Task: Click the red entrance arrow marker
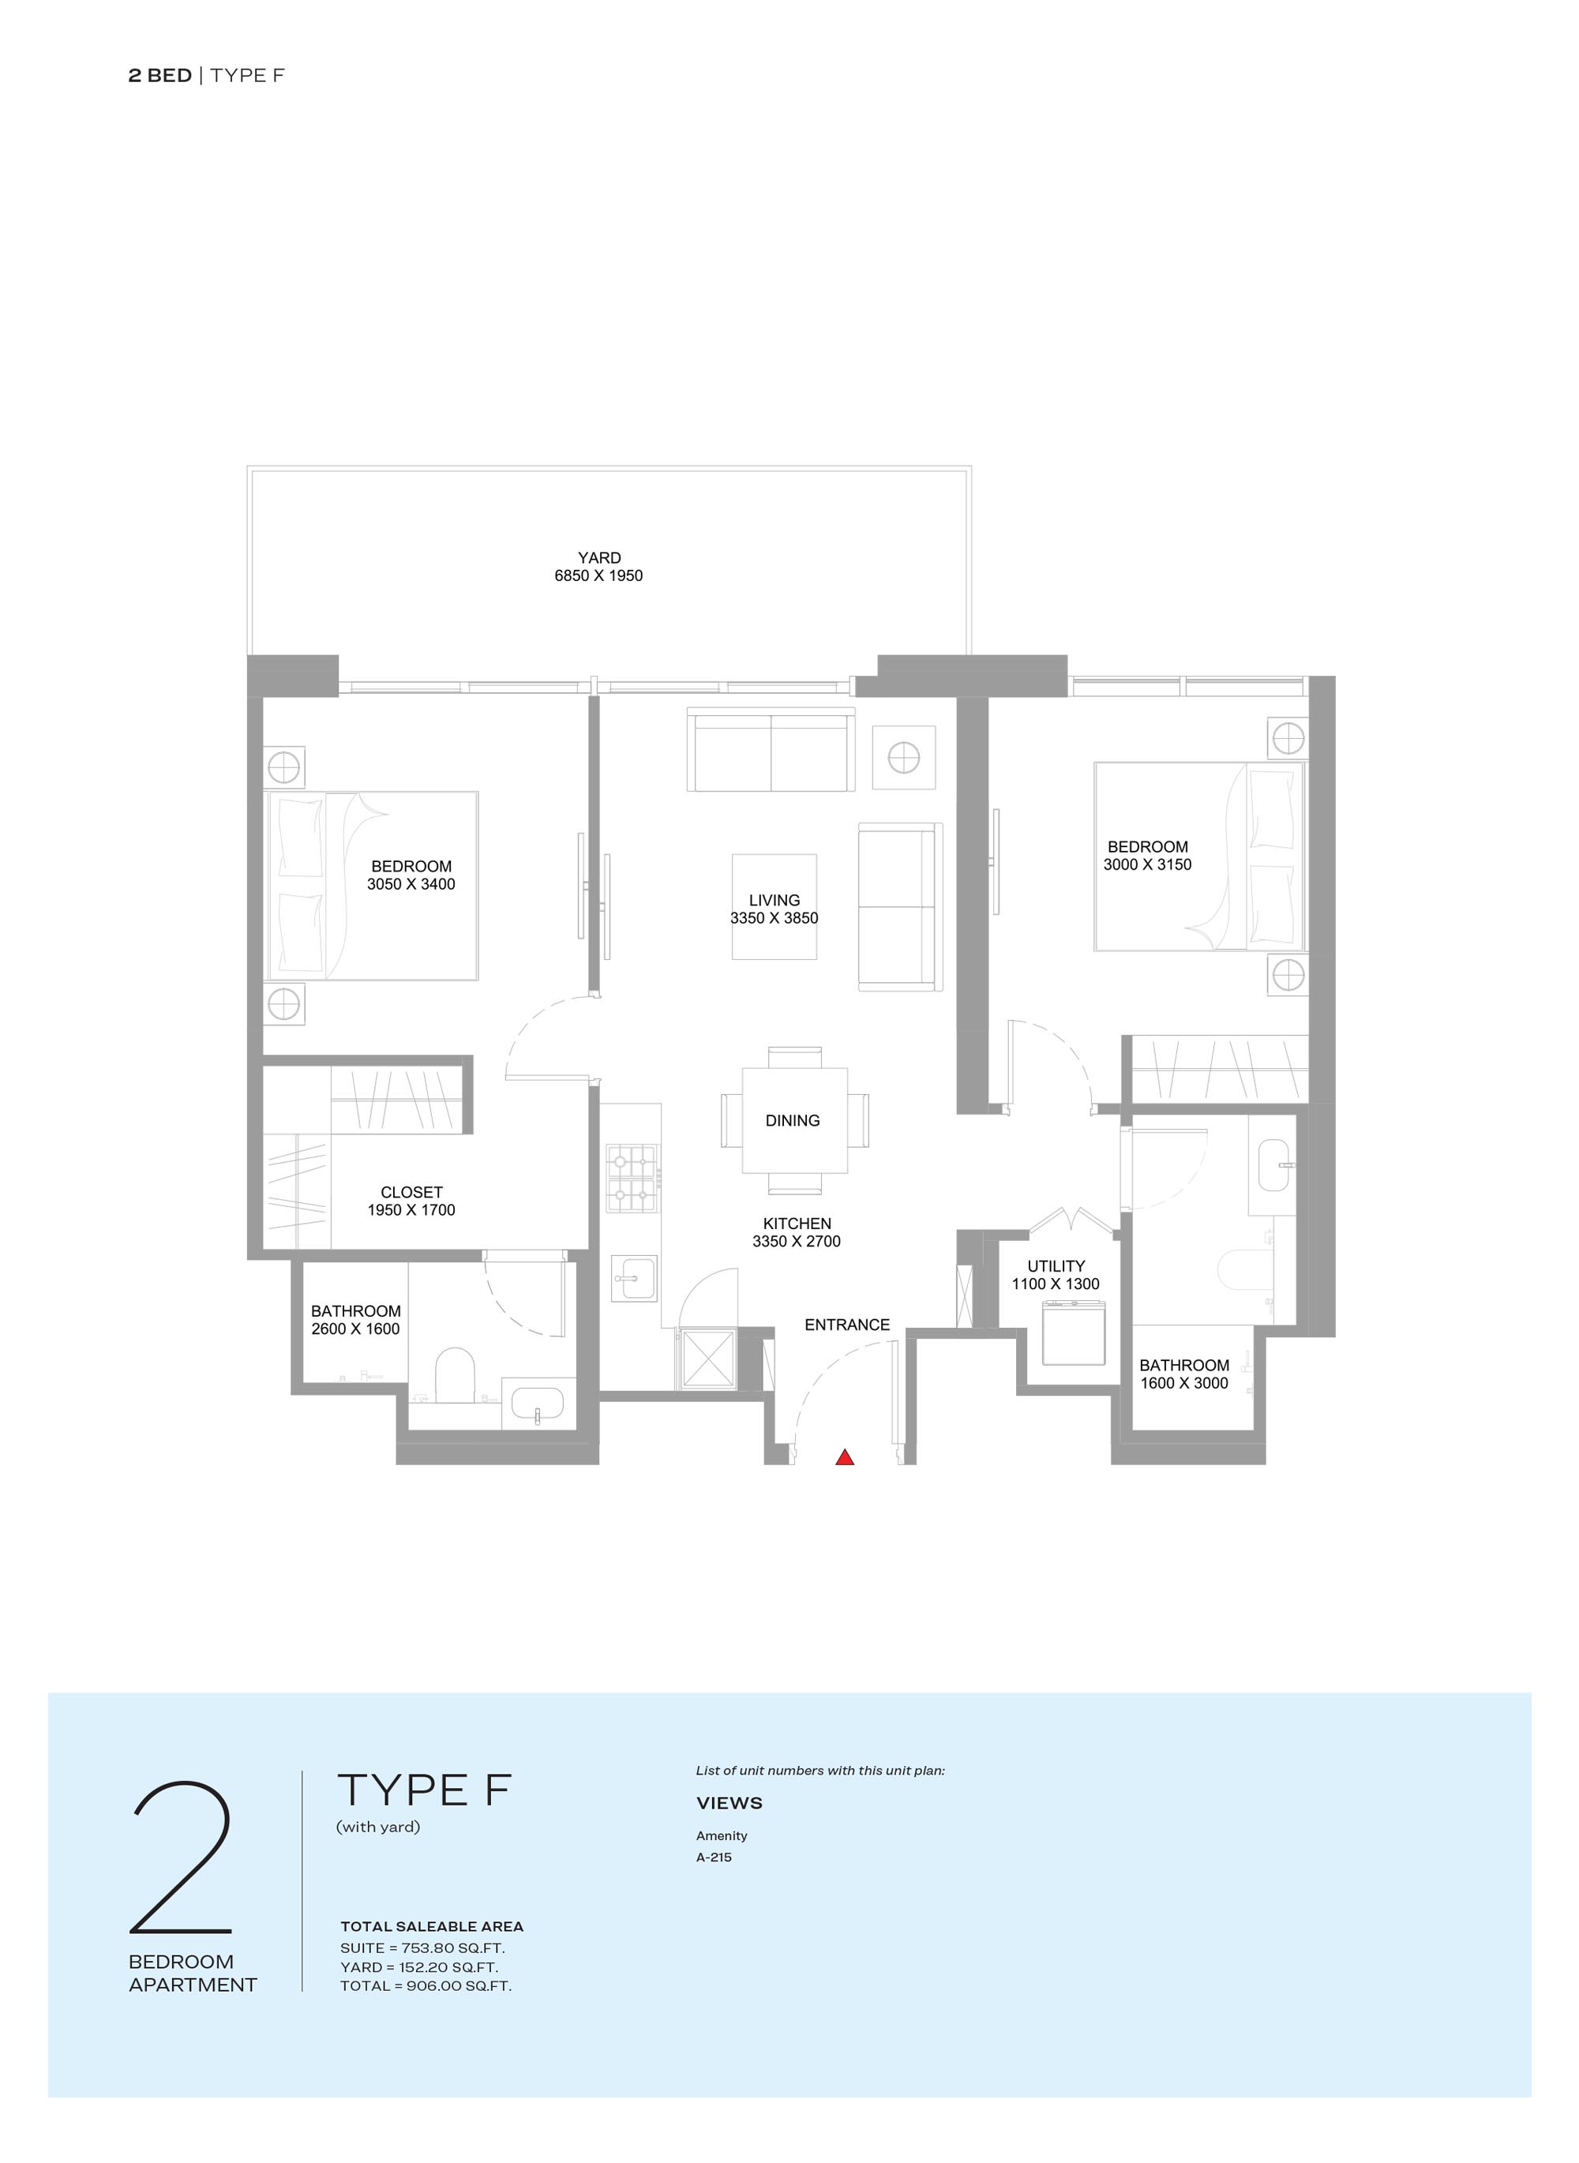pyautogui.click(x=845, y=1456)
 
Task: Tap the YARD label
pyautogui.click(x=599, y=557)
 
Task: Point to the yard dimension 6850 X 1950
pyautogui.click(x=598, y=575)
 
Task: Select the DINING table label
pyautogui.click(x=793, y=1120)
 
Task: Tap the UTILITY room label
pyautogui.click(x=1056, y=1265)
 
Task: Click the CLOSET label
pyautogui.click(x=412, y=1192)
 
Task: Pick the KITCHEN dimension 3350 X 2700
pyautogui.click(x=796, y=1241)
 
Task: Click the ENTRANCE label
pyautogui.click(x=847, y=1324)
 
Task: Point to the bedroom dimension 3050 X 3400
pyautogui.click(x=411, y=884)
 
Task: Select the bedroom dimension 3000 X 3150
pyautogui.click(x=1147, y=864)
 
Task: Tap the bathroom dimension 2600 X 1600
pyautogui.click(x=355, y=1329)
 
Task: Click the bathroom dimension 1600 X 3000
pyautogui.click(x=1184, y=1382)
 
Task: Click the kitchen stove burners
pyautogui.click(x=632, y=1178)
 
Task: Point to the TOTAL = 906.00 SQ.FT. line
pyautogui.click(x=426, y=1985)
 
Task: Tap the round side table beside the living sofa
pyautogui.click(x=904, y=758)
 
